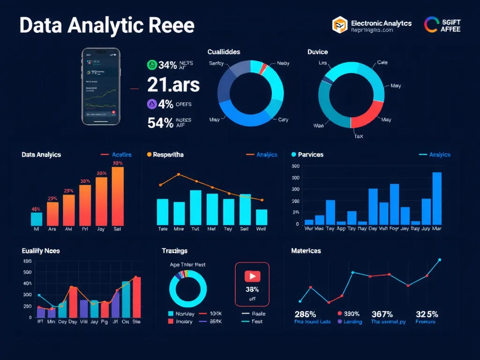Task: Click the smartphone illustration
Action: point(101,86)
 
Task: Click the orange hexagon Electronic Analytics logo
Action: point(339,25)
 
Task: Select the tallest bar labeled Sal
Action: point(118,196)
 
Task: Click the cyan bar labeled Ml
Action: point(37,219)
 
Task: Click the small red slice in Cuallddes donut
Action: point(263,69)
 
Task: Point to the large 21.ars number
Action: point(173,85)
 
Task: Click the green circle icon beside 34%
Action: point(151,65)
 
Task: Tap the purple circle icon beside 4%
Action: point(151,104)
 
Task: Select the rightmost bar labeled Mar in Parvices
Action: point(436,198)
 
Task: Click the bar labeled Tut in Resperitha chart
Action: point(195,207)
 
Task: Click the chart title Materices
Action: point(306,251)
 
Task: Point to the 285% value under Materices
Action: point(305,314)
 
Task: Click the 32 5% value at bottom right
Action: point(426,314)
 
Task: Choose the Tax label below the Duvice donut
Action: point(358,136)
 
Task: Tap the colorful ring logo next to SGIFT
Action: point(431,25)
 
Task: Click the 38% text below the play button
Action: point(252,289)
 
